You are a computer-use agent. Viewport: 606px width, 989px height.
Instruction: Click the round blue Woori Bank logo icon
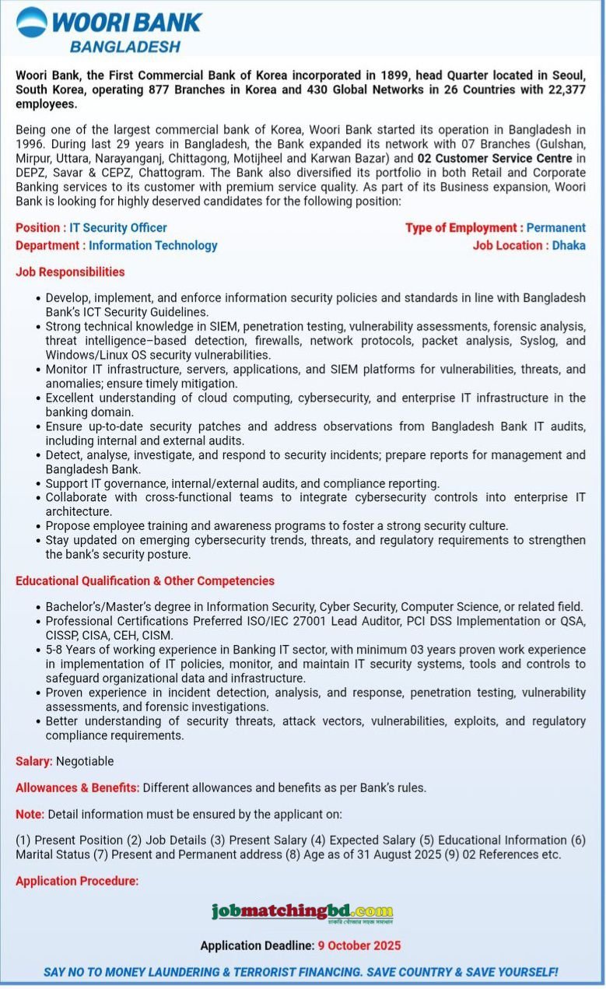[32, 23]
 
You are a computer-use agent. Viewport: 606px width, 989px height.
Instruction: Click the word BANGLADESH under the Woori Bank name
[125, 47]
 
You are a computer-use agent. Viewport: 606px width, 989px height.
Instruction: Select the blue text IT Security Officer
[118, 228]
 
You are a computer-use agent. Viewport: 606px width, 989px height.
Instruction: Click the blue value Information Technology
[153, 245]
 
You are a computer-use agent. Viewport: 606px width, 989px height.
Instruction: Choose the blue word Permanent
[555, 228]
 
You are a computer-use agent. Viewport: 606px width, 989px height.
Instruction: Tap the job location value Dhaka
[569, 245]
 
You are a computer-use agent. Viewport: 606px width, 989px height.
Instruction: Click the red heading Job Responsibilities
[70, 272]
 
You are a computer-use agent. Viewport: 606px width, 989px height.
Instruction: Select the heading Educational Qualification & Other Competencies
[145, 580]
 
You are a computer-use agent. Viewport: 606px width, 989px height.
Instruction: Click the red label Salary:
[34, 761]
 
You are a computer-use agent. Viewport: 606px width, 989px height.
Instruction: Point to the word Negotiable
[85, 761]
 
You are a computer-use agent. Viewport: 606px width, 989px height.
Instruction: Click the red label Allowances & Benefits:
[78, 787]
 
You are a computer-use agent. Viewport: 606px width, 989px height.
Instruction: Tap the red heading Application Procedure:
[77, 881]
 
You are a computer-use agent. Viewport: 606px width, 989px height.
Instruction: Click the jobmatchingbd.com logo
[302, 912]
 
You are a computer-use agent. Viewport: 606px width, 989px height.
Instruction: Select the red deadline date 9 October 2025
[359, 945]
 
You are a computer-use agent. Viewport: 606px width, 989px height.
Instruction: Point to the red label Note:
[30, 814]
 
